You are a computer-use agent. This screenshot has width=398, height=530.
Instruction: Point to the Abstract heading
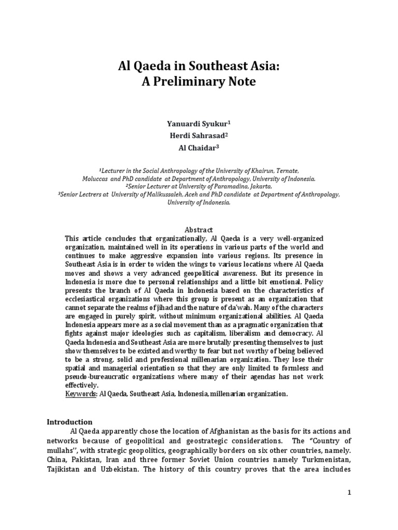pos(199,229)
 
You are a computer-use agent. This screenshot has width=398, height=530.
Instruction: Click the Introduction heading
pos(69,422)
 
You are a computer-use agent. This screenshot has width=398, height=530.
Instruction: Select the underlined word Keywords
pos(81,394)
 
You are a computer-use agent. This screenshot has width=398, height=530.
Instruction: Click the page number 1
pos(350,493)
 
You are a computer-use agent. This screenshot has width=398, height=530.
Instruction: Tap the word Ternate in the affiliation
pos(285,170)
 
